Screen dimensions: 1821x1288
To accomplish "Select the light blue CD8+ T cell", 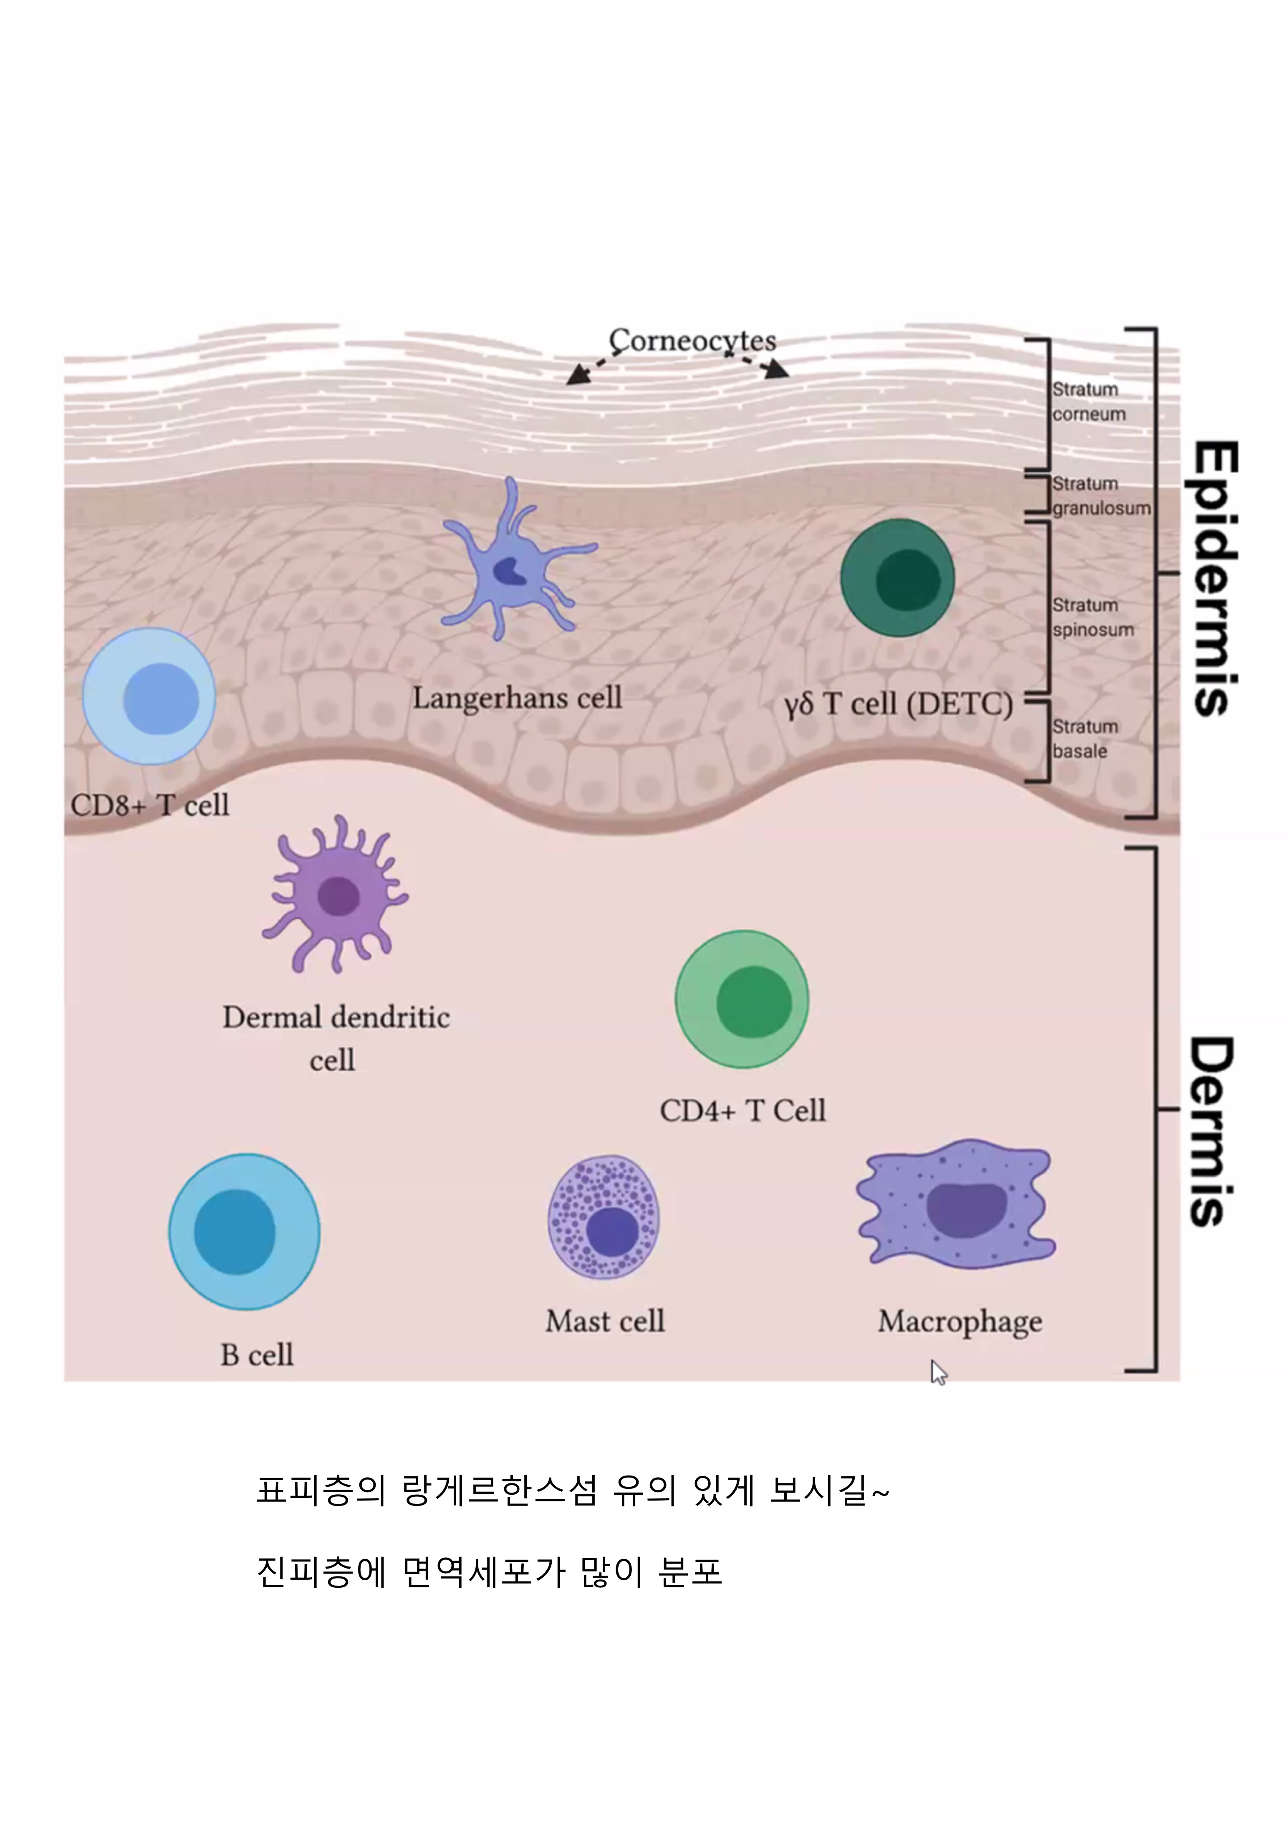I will (149, 696).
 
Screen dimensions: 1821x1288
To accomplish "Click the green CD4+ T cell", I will (742, 999).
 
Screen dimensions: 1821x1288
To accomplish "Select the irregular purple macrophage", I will (957, 1204).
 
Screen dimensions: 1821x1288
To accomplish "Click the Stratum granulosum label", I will (1100, 496).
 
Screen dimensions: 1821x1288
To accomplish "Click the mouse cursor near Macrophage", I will (938, 1372).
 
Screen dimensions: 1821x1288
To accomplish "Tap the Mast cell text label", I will (604, 1321).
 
